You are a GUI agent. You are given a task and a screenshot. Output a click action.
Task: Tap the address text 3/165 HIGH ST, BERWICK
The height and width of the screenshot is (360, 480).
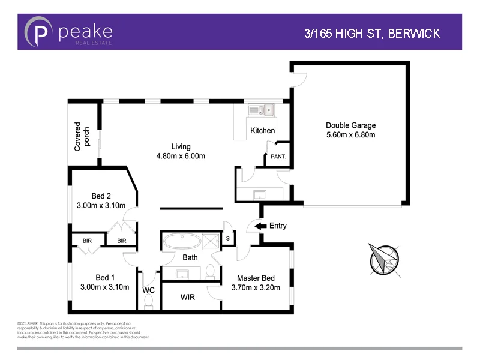tap(372, 33)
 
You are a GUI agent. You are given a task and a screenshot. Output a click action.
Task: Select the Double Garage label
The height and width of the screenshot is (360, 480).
tap(350, 125)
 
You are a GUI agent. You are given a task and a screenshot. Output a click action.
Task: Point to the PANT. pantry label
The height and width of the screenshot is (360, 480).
tap(278, 157)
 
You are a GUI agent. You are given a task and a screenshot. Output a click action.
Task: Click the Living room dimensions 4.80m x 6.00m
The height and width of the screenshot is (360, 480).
tap(181, 157)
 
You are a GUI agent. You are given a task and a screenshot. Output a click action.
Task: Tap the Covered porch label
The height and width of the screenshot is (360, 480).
tap(82, 139)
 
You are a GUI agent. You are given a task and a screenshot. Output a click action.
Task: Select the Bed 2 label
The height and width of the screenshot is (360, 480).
tap(101, 196)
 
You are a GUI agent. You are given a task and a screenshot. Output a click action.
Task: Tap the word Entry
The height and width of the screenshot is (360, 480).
tap(278, 226)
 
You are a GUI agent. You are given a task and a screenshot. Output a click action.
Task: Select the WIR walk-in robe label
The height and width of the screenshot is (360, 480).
tap(188, 297)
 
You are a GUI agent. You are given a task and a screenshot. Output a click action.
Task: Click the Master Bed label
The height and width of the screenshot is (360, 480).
tap(256, 278)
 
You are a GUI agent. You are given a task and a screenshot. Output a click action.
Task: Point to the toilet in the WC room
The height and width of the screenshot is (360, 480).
tap(149, 303)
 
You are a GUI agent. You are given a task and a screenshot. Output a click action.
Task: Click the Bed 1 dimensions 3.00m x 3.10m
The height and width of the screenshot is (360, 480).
tap(104, 287)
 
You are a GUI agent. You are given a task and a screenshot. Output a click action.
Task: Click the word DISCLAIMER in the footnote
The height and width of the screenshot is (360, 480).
tap(28, 323)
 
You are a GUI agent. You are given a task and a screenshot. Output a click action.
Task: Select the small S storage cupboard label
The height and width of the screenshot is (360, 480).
tap(227, 238)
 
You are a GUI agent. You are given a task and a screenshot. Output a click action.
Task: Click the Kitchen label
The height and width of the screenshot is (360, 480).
tap(262, 130)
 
